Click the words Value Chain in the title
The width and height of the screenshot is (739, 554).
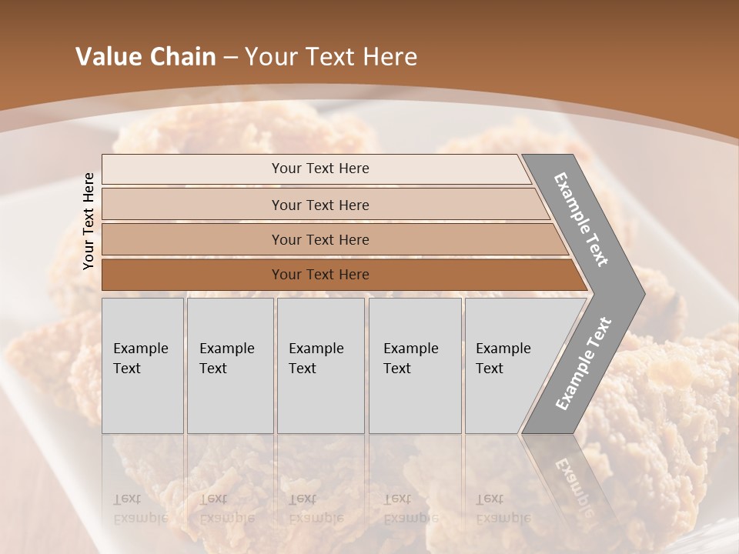(145, 57)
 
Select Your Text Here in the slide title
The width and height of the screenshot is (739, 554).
(331, 57)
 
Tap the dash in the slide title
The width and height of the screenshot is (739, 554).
(230, 58)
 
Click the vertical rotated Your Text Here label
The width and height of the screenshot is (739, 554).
(89, 221)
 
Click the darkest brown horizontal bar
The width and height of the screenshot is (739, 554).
(192, 275)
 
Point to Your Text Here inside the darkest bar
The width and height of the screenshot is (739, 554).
(320, 275)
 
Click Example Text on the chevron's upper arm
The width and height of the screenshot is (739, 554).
(581, 219)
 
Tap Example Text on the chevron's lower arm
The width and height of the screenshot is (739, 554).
(584, 363)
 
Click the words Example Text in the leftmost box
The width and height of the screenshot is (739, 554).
(140, 359)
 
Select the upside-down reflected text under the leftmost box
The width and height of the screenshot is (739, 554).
(140, 509)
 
